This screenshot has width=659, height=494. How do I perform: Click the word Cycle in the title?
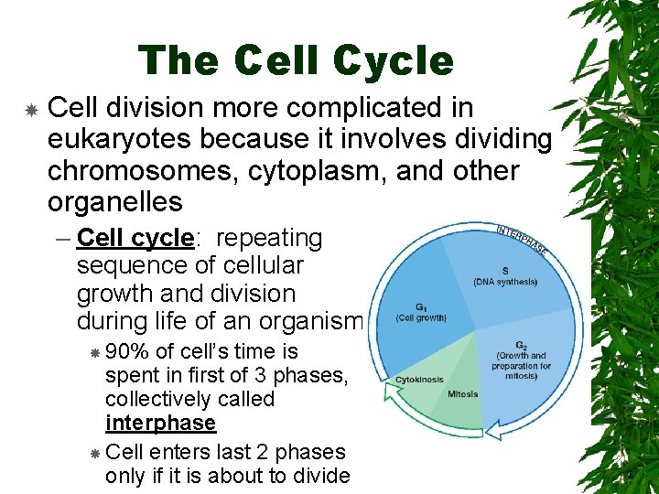click(394, 61)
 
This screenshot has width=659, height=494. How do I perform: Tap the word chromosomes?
click(128, 171)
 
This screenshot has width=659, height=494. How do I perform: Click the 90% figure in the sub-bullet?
click(127, 351)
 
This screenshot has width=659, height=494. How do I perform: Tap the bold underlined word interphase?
click(160, 423)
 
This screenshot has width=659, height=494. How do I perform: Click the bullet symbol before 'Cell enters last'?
click(95, 453)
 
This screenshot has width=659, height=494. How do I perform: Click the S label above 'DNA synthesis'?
click(504, 270)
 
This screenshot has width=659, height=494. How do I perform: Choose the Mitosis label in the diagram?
click(463, 394)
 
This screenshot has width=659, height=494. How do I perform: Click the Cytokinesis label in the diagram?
click(419, 380)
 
